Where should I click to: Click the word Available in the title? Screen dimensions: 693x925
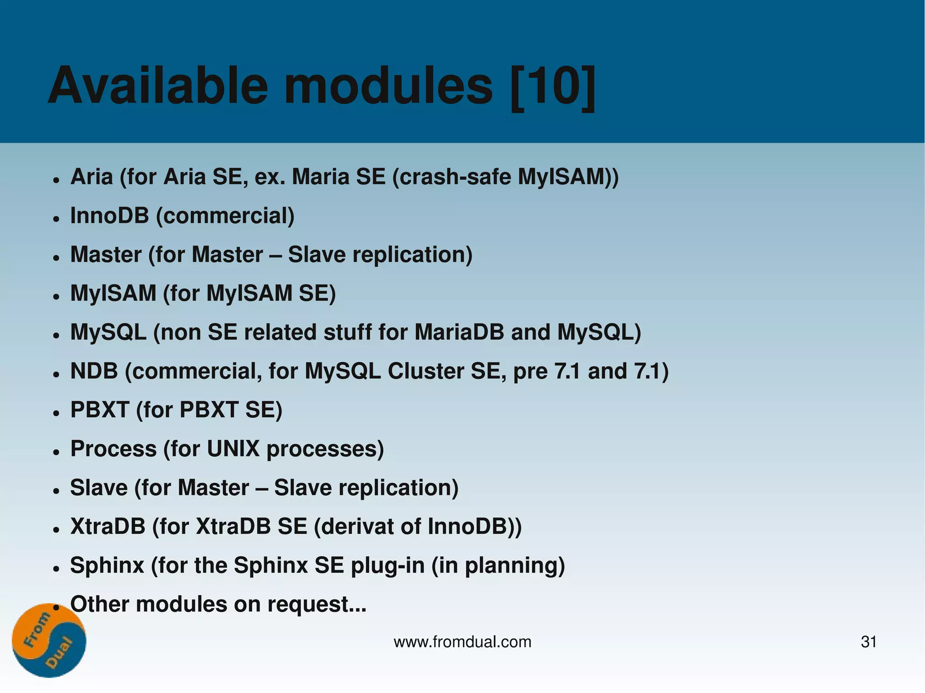(x=158, y=86)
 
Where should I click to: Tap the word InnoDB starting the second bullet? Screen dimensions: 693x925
(x=109, y=215)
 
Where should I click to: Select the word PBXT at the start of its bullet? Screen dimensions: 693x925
(x=99, y=410)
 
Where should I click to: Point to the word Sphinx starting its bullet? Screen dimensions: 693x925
(x=107, y=565)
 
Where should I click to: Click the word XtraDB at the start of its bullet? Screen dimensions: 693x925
(x=108, y=526)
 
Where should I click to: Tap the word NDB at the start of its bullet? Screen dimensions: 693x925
(x=94, y=371)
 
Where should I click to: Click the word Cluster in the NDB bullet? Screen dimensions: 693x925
(x=425, y=371)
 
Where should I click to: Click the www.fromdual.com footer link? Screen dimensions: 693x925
(x=462, y=642)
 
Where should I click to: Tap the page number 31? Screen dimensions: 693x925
(x=869, y=642)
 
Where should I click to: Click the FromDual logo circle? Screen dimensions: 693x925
(x=49, y=640)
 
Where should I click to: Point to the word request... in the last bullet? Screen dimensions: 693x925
(x=317, y=605)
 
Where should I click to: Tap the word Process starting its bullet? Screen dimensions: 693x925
(x=113, y=449)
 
